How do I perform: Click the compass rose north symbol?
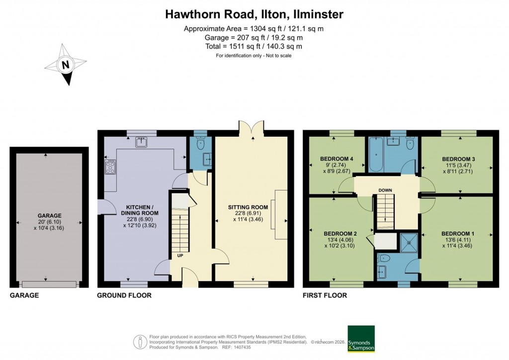click(x=65, y=65)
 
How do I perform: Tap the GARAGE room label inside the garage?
click(x=49, y=216)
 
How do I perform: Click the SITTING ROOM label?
click(x=248, y=207)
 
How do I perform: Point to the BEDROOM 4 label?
click(x=337, y=159)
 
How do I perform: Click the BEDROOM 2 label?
click(x=340, y=233)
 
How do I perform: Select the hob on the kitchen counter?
click(x=110, y=167)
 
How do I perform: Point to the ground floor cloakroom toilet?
click(x=200, y=144)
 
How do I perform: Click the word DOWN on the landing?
click(x=385, y=190)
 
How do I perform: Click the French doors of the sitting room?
click(x=251, y=128)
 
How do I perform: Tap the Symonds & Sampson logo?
click(x=361, y=339)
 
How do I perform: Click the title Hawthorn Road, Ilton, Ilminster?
click(x=254, y=14)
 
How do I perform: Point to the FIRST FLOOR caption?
click(x=325, y=295)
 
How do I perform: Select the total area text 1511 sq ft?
click(x=254, y=46)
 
